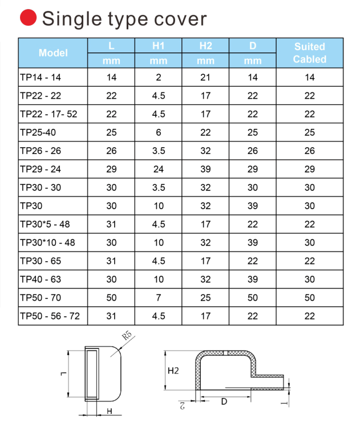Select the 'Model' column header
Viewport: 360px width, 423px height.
click(53, 53)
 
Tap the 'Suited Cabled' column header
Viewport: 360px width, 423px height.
click(309, 53)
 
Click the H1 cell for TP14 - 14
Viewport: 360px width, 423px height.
click(159, 78)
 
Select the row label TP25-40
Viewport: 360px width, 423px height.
click(39, 132)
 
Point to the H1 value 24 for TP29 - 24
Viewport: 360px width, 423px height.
click(159, 169)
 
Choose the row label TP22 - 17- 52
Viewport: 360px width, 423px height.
click(48, 114)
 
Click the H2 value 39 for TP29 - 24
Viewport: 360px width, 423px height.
click(205, 169)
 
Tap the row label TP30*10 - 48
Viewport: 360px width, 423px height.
click(47, 242)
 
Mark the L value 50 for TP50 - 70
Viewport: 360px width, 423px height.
click(111, 297)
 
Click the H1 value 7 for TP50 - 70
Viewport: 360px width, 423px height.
click(159, 297)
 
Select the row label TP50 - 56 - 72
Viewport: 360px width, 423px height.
click(50, 315)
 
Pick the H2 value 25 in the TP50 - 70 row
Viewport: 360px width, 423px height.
click(205, 297)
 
